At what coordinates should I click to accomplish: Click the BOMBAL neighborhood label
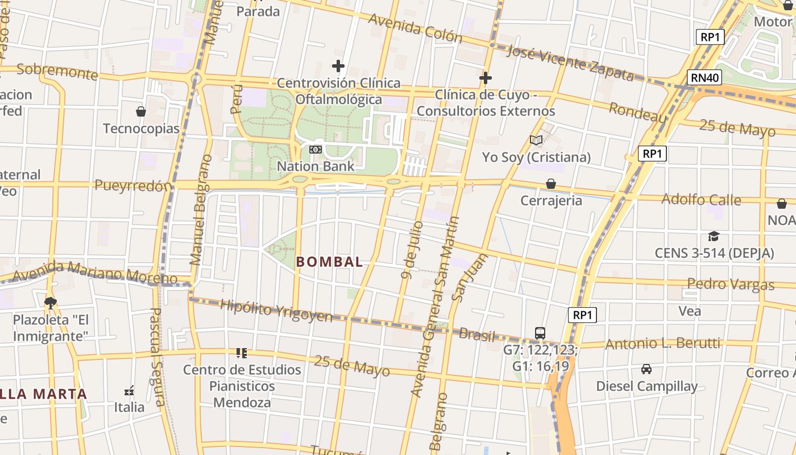[x=329, y=262]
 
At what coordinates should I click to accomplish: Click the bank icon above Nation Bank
[x=315, y=150]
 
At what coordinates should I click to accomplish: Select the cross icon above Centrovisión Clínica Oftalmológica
[x=338, y=66]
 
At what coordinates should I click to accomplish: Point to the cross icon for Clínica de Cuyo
[x=485, y=77]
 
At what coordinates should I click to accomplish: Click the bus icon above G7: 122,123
[x=540, y=333]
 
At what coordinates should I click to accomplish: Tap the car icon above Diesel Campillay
[x=646, y=369]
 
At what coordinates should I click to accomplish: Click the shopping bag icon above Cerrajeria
[x=550, y=184]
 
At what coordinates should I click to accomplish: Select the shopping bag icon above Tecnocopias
[x=141, y=111]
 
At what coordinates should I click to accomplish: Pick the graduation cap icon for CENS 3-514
[x=714, y=236]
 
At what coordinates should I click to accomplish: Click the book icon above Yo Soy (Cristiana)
[x=536, y=140]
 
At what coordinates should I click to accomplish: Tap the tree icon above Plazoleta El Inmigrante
[x=51, y=302]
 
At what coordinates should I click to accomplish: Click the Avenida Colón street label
[x=415, y=27]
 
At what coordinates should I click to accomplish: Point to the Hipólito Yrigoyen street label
[x=276, y=311]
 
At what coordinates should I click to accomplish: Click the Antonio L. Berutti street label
[x=662, y=344]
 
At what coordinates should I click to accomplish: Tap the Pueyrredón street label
[x=133, y=185]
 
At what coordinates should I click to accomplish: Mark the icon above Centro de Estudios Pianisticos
[x=242, y=353]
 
